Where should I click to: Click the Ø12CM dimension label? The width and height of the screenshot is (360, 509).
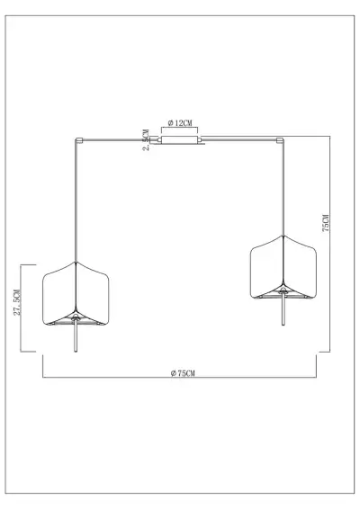[181, 121]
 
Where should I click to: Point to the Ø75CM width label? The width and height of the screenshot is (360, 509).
[181, 371]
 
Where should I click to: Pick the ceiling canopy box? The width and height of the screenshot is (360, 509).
[180, 140]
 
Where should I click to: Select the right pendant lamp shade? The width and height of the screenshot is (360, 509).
[281, 267]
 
